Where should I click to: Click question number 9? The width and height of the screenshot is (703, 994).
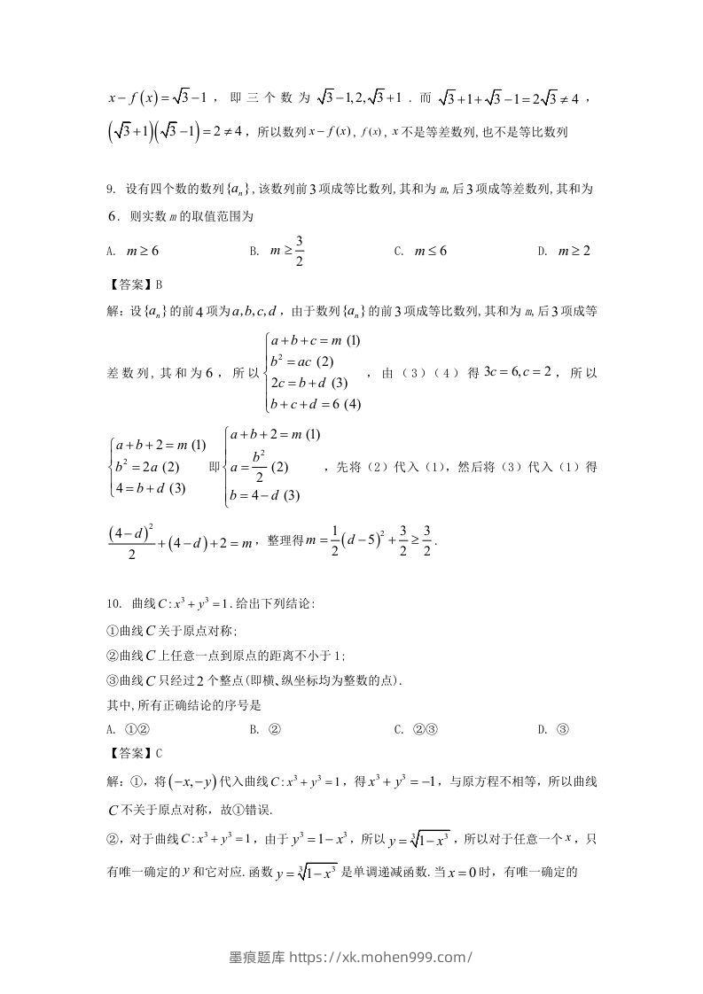110,189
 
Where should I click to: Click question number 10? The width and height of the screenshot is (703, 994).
113,604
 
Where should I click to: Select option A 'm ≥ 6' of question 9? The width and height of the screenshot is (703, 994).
133,251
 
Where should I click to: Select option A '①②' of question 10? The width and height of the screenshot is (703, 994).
128,729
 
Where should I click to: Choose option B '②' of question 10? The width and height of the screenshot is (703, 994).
266,729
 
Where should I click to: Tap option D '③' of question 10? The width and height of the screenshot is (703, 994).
553,729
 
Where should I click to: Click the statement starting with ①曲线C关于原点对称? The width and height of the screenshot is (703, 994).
172,631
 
